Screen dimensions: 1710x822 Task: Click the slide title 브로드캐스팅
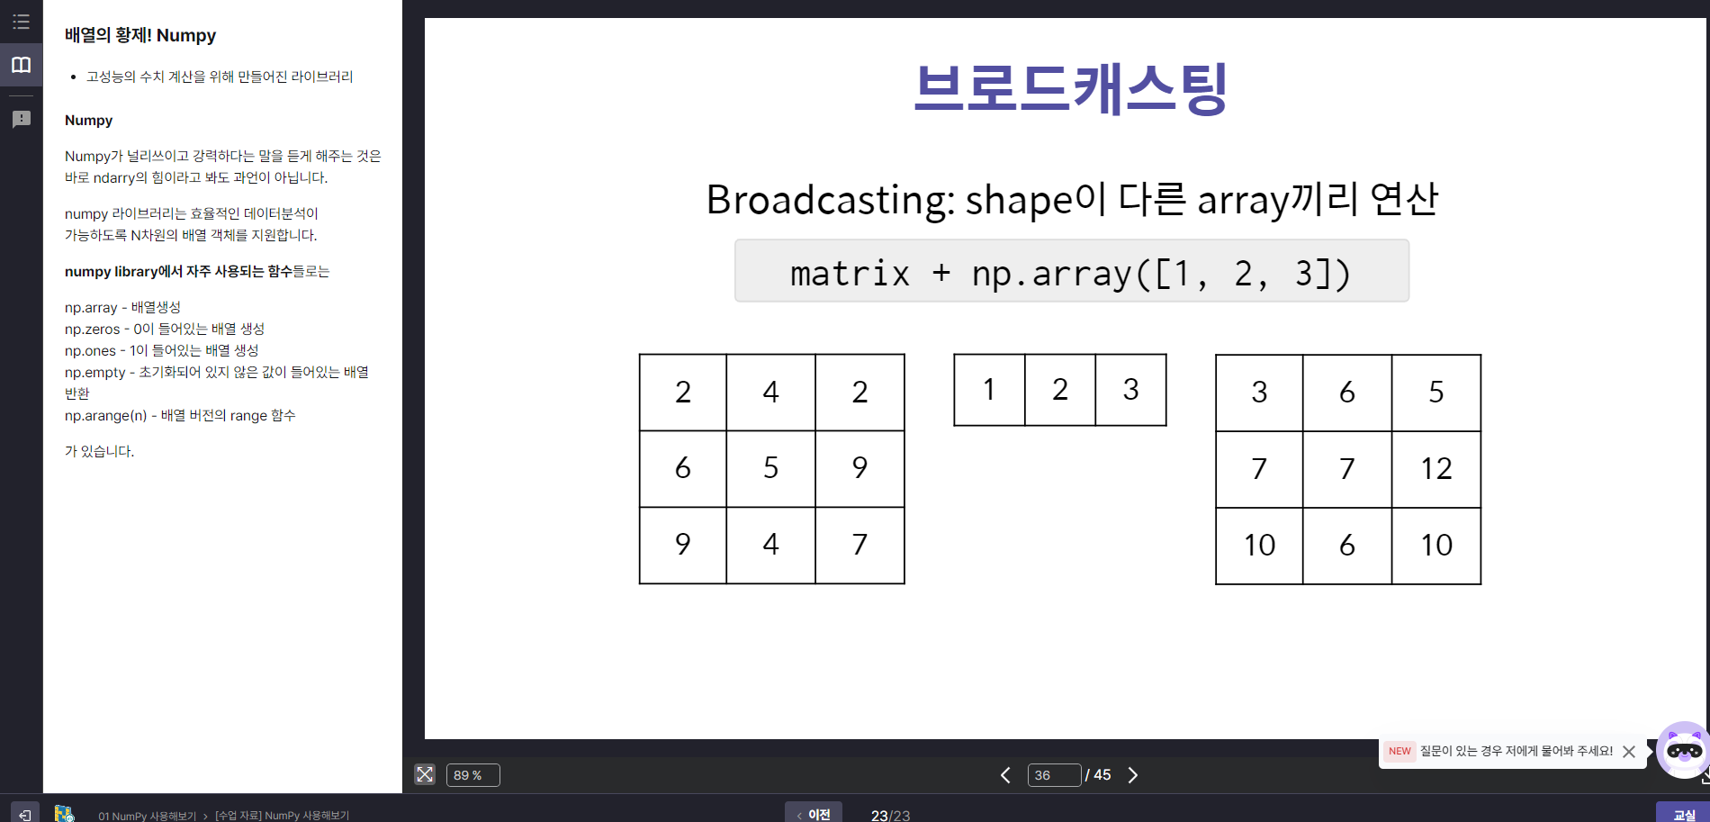(1071, 88)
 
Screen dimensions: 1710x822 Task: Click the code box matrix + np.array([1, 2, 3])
(1072, 271)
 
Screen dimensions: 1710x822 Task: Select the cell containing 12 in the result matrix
(1436, 469)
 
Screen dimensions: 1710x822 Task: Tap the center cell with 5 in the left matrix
(771, 468)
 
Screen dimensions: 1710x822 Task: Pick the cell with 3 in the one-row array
(1131, 390)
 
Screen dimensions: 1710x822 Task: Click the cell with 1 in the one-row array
(990, 390)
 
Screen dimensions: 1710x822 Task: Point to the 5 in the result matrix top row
(1436, 393)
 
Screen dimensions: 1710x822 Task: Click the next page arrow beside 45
(1133, 775)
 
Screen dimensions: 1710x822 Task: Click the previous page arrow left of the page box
(1005, 775)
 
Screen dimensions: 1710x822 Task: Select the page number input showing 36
(1054, 775)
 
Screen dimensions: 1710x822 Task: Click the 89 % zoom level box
(472, 775)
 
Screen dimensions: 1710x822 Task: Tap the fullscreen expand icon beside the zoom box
(425, 774)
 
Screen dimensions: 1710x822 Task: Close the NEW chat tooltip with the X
(1629, 752)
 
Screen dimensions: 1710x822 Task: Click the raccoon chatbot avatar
(1684, 749)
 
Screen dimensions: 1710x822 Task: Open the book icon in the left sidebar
(22, 65)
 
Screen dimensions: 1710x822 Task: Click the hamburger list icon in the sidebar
(22, 22)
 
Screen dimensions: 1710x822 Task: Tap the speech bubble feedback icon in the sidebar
(22, 119)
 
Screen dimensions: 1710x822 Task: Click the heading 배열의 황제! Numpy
(140, 35)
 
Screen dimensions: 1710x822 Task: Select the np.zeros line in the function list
(165, 329)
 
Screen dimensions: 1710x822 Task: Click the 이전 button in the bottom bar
(814, 814)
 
